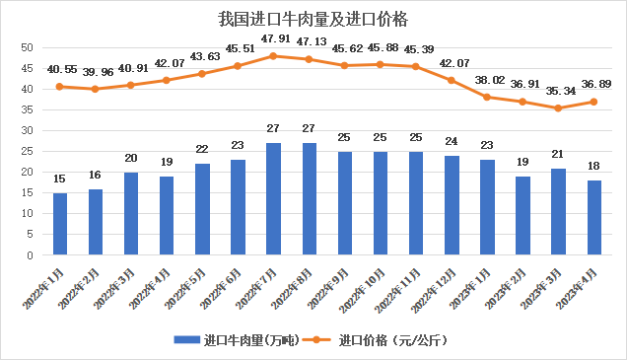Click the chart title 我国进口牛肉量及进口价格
pyautogui.click(x=313, y=20)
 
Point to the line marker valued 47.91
pyautogui.click(x=273, y=55)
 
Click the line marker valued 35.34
pyautogui.click(x=558, y=108)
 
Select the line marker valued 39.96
pyautogui.click(x=96, y=89)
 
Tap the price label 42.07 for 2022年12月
pyautogui.click(x=451, y=64)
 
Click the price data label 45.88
pyautogui.click(x=380, y=49)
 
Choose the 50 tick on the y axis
pyautogui.click(x=28, y=47)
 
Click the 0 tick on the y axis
pyautogui.click(x=32, y=254)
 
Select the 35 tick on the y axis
pyautogui.click(x=28, y=109)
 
